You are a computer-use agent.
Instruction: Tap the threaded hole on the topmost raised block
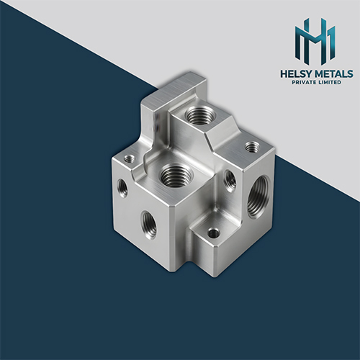click(199, 114)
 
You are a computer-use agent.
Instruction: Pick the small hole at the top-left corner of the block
click(129, 158)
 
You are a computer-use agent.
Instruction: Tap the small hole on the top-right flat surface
click(251, 147)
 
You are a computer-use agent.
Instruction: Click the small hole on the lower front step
click(213, 233)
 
